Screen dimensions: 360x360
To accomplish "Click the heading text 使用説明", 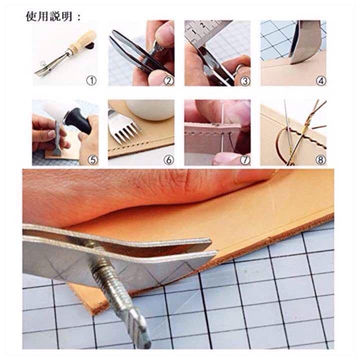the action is click(49, 16).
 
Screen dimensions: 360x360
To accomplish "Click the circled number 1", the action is click(91, 80).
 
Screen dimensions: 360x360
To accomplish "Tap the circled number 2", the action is click(168, 81).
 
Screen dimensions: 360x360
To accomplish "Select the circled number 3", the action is click(245, 81).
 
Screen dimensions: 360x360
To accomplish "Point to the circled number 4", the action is click(320, 81).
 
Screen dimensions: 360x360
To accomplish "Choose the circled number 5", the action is click(93, 160).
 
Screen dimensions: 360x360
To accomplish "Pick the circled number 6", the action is click(168, 160).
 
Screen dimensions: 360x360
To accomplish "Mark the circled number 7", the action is click(245, 160).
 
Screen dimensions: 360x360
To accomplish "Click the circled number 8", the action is click(320, 160).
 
